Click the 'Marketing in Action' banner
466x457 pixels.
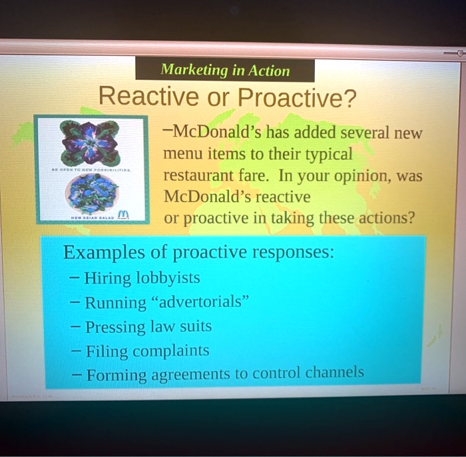pos(224,70)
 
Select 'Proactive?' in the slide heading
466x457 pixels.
pos(297,99)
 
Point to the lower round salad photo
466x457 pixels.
pos(91,194)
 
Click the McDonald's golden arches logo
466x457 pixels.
pos(121,213)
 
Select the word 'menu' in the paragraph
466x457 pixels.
pos(181,155)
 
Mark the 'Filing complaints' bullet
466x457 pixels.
pos(146,350)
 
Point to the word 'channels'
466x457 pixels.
pos(334,372)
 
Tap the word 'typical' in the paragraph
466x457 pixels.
pos(328,155)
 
